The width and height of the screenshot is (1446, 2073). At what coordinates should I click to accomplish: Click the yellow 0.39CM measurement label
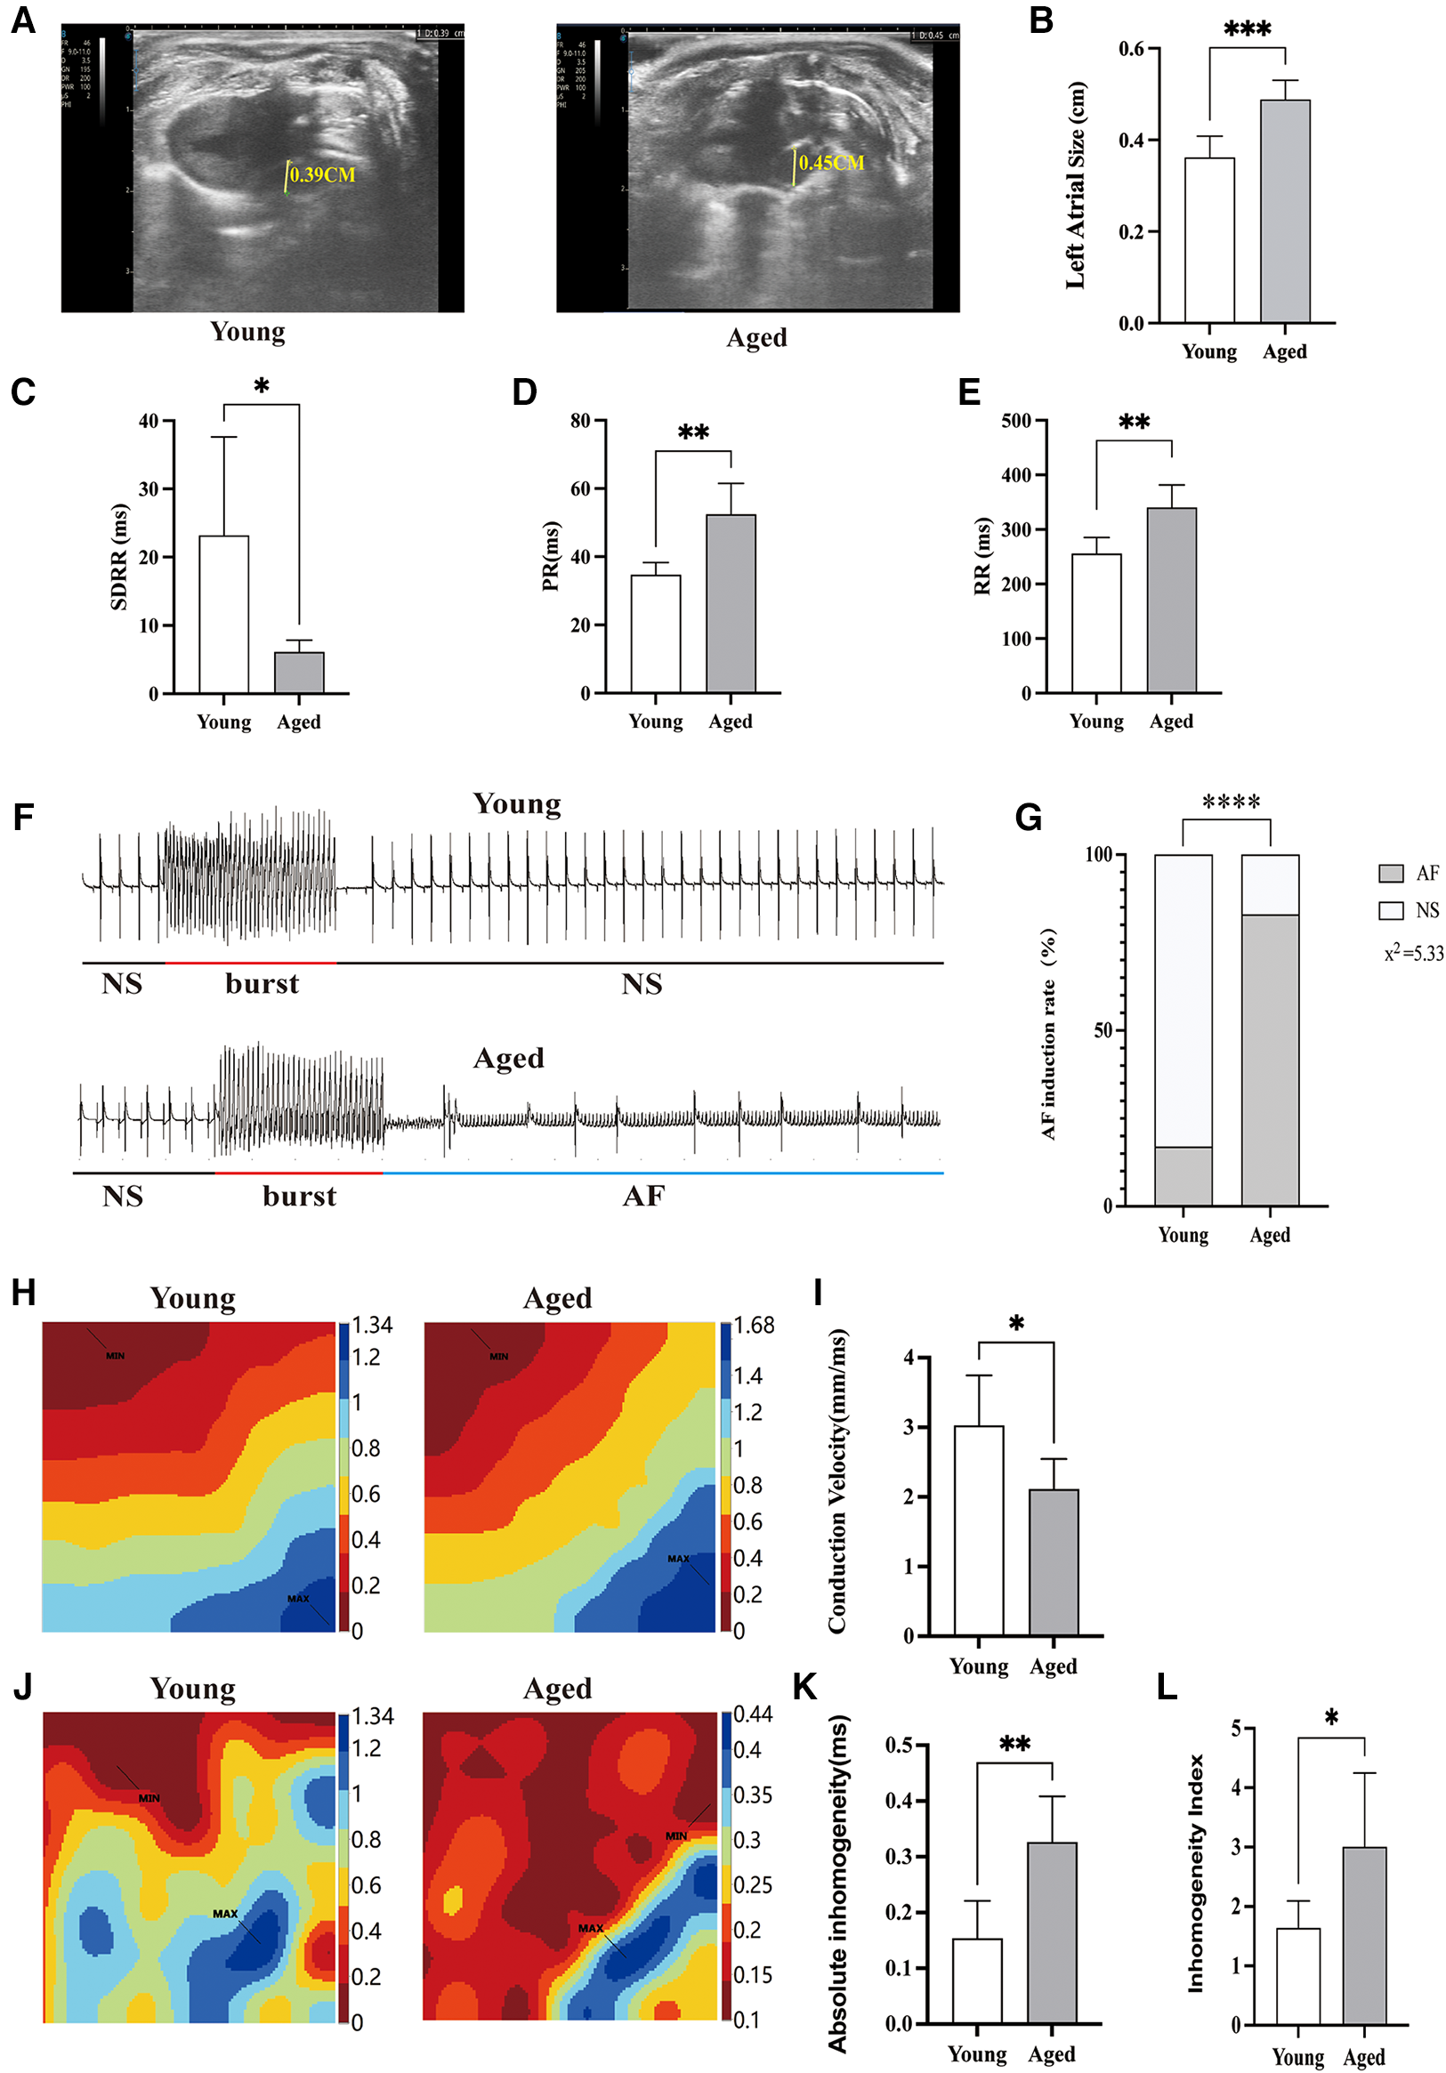(322, 174)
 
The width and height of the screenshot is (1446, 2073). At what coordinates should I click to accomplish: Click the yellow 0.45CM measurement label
(831, 163)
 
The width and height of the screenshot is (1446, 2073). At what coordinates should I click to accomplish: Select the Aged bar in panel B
(1284, 211)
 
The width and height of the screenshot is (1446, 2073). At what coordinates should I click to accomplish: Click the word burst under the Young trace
(262, 983)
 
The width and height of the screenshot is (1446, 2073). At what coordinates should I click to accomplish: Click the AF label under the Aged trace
(643, 1197)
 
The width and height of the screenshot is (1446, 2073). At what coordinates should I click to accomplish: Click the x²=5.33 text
(1412, 954)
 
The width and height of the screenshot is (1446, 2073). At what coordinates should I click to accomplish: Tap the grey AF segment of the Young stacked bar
(1183, 1175)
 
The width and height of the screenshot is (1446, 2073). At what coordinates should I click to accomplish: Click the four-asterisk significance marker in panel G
(1231, 802)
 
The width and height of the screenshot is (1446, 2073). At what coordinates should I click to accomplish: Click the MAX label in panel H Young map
(298, 1598)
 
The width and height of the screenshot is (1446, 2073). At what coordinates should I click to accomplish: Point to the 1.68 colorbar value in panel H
(754, 1326)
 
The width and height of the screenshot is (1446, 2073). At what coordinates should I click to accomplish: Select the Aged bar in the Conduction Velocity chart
(1053, 1562)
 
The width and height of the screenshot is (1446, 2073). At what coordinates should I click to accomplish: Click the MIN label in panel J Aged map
(675, 1835)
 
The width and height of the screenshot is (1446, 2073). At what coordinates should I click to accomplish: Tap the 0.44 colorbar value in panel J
(752, 1714)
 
